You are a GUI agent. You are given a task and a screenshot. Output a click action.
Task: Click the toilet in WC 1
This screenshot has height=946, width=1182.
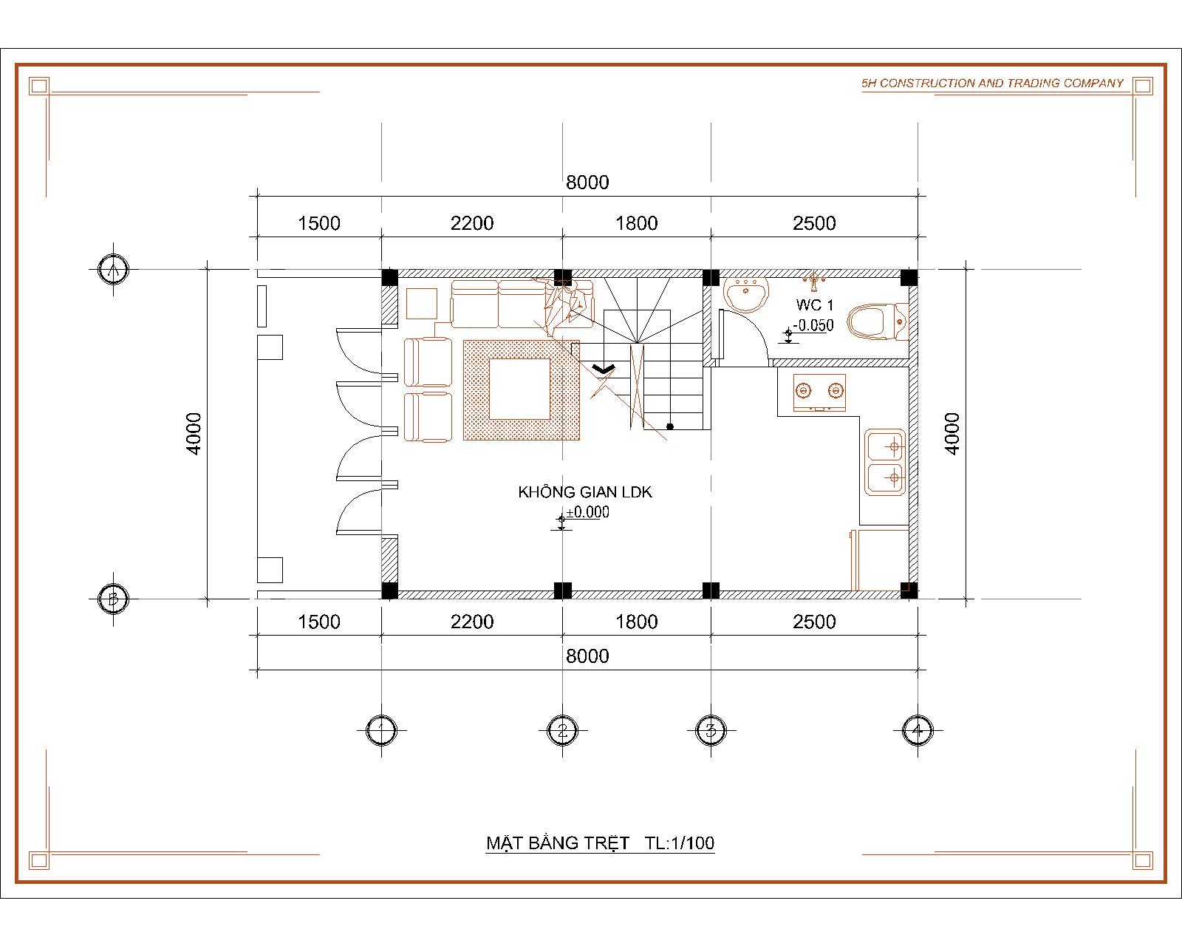click(877, 321)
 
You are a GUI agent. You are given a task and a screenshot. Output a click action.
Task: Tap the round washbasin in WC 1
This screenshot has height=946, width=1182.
click(745, 295)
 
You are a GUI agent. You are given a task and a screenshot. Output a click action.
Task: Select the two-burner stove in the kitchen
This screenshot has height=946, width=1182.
click(819, 392)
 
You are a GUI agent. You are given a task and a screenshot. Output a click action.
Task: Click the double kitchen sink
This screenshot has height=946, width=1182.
click(884, 462)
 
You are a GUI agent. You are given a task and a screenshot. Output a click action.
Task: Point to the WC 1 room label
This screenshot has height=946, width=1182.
click(815, 304)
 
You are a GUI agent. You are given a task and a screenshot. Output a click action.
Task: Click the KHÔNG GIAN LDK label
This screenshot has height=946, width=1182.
click(585, 492)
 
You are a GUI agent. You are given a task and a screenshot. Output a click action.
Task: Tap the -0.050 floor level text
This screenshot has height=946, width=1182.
click(813, 325)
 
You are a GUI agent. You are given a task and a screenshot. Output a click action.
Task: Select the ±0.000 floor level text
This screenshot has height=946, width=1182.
click(587, 512)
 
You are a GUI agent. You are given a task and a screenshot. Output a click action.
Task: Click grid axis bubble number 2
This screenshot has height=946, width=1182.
click(562, 730)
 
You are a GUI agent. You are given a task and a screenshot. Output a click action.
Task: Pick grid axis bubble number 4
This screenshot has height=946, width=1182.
click(918, 730)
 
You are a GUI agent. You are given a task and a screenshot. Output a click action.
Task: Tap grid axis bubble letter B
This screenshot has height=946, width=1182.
click(113, 599)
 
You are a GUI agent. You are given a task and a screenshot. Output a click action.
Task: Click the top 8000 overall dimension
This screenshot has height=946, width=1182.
click(587, 182)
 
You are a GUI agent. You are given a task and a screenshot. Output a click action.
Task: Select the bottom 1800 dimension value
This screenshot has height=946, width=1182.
click(636, 622)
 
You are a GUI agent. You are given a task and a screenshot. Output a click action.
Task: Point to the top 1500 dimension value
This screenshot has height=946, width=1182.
click(318, 223)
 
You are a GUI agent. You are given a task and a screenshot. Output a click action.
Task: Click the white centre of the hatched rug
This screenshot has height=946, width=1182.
click(519, 389)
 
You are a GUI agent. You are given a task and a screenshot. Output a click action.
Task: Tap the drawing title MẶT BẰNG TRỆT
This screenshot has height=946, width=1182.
click(558, 843)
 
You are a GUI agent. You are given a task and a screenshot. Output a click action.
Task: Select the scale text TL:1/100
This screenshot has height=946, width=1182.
click(680, 843)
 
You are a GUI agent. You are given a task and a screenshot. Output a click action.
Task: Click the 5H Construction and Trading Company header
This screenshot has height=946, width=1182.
click(992, 83)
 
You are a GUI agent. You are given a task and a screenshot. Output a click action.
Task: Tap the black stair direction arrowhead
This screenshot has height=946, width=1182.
click(604, 369)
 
